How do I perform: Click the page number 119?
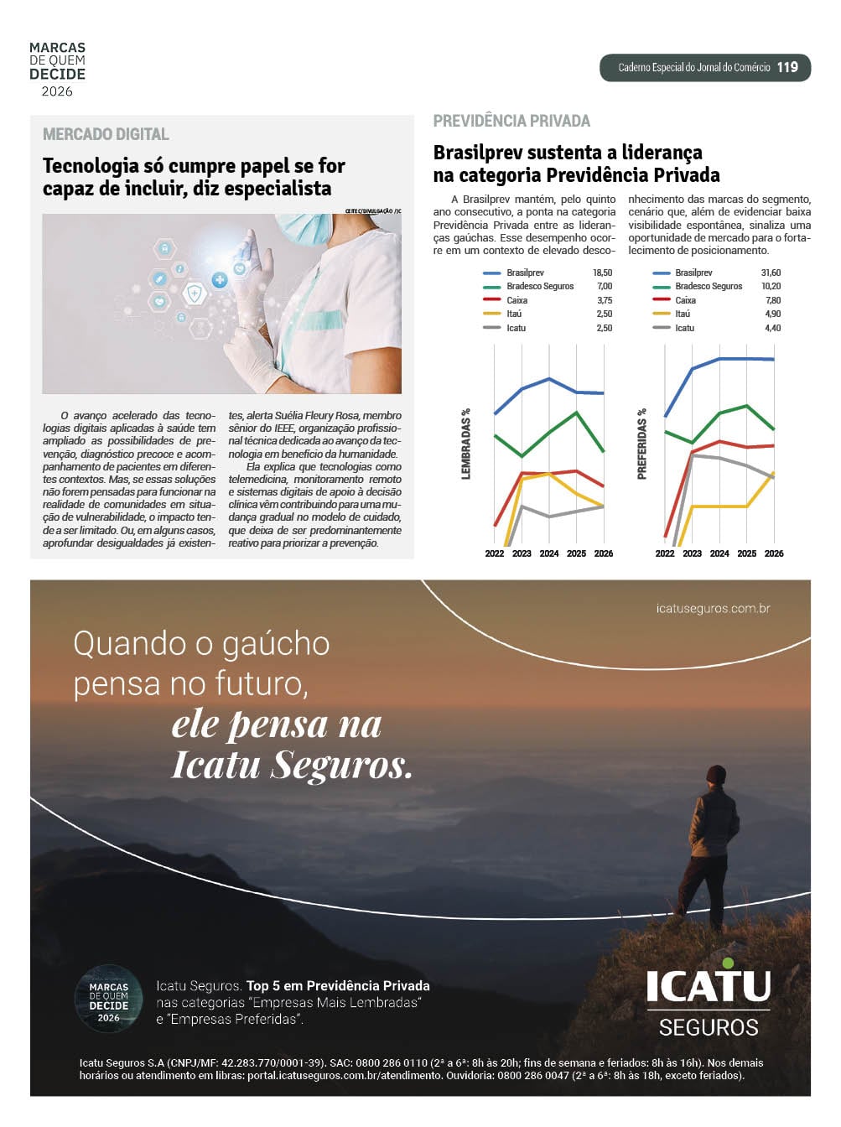pos(786,68)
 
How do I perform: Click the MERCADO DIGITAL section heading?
pos(106,134)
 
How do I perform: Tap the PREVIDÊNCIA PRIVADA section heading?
pos(511,121)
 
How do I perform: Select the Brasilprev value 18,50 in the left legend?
pos(602,273)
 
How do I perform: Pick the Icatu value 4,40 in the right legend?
pos(772,328)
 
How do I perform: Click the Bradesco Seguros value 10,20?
pos(771,286)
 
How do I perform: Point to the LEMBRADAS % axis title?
pos(466,444)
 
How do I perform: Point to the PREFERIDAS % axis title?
pos(642,444)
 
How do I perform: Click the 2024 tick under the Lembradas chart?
pos(549,553)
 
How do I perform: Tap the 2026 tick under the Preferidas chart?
pos(774,553)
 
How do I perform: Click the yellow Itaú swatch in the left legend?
pos(492,314)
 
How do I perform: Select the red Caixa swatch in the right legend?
pos(662,300)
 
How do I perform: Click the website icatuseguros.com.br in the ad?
pos(713,609)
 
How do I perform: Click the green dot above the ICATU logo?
pos(728,963)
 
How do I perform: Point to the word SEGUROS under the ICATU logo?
pos(709,1027)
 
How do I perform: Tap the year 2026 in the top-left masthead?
pos(57,91)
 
